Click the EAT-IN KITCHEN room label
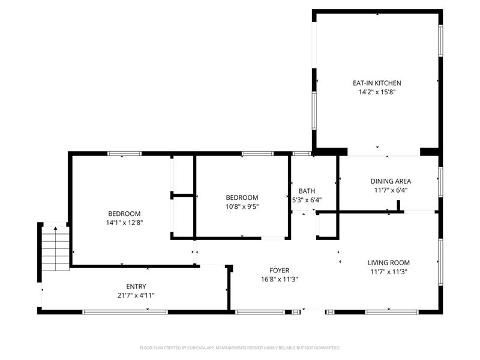377,83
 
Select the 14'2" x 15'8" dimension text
377,92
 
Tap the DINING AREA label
391,181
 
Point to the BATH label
307,191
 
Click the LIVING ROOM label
388,263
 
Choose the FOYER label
279,271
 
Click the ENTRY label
136,287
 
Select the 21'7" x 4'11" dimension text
136,295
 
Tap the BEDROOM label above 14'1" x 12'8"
124,214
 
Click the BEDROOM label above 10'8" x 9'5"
242,197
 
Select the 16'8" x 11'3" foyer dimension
279,279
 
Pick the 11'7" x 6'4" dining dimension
391,190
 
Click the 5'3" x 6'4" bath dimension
307,200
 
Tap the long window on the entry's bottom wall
125,312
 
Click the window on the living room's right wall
440,262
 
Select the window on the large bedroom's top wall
124,154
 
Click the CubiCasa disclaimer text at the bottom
239,348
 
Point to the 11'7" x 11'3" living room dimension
388,272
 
